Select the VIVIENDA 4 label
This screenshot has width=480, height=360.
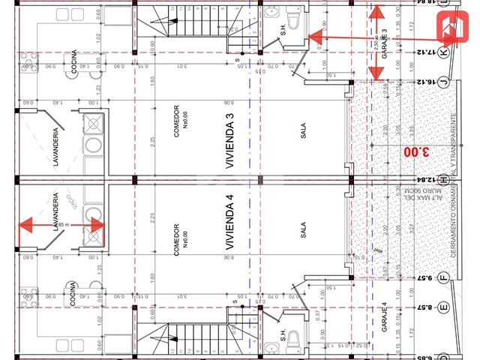[x=230, y=226]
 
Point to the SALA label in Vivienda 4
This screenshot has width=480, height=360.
[x=304, y=230]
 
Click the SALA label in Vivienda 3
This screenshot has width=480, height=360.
[x=304, y=132]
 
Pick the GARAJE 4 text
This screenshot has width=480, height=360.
[x=383, y=316]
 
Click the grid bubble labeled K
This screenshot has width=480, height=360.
[x=443, y=52]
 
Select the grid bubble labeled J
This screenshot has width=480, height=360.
[x=443, y=82]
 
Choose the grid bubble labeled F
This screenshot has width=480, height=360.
[x=443, y=277]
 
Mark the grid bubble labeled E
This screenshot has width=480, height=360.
[x=443, y=307]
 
